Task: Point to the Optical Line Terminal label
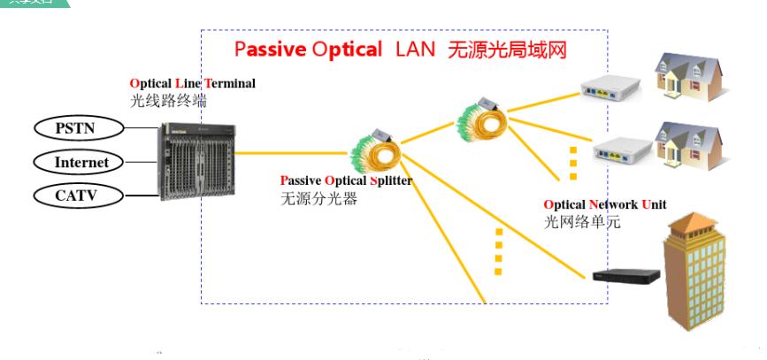coord(193,83)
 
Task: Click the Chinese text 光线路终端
coord(168,100)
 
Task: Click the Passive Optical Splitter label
coord(346,181)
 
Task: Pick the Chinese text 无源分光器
coord(318,198)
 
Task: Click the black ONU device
coord(626,275)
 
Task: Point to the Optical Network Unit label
coord(605,204)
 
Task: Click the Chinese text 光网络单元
coord(582,222)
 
